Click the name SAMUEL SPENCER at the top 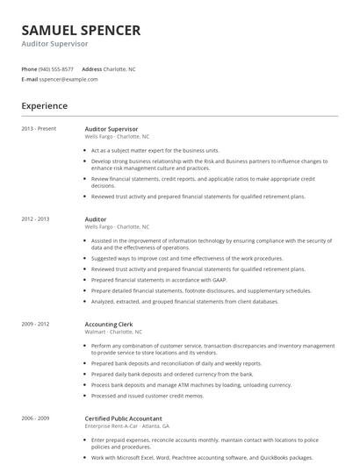tap(80, 30)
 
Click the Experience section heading tap(44, 106)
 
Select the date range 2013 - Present tap(39, 129)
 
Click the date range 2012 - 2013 tap(36, 219)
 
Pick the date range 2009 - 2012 tap(36, 324)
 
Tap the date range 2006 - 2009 tap(36, 417)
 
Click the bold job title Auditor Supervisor tap(111, 129)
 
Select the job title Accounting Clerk tap(108, 324)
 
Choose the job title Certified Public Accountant tap(124, 417)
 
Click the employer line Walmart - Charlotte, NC tap(113, 332)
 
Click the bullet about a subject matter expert tap(155, 150)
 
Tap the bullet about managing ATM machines tap(191, 384)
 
